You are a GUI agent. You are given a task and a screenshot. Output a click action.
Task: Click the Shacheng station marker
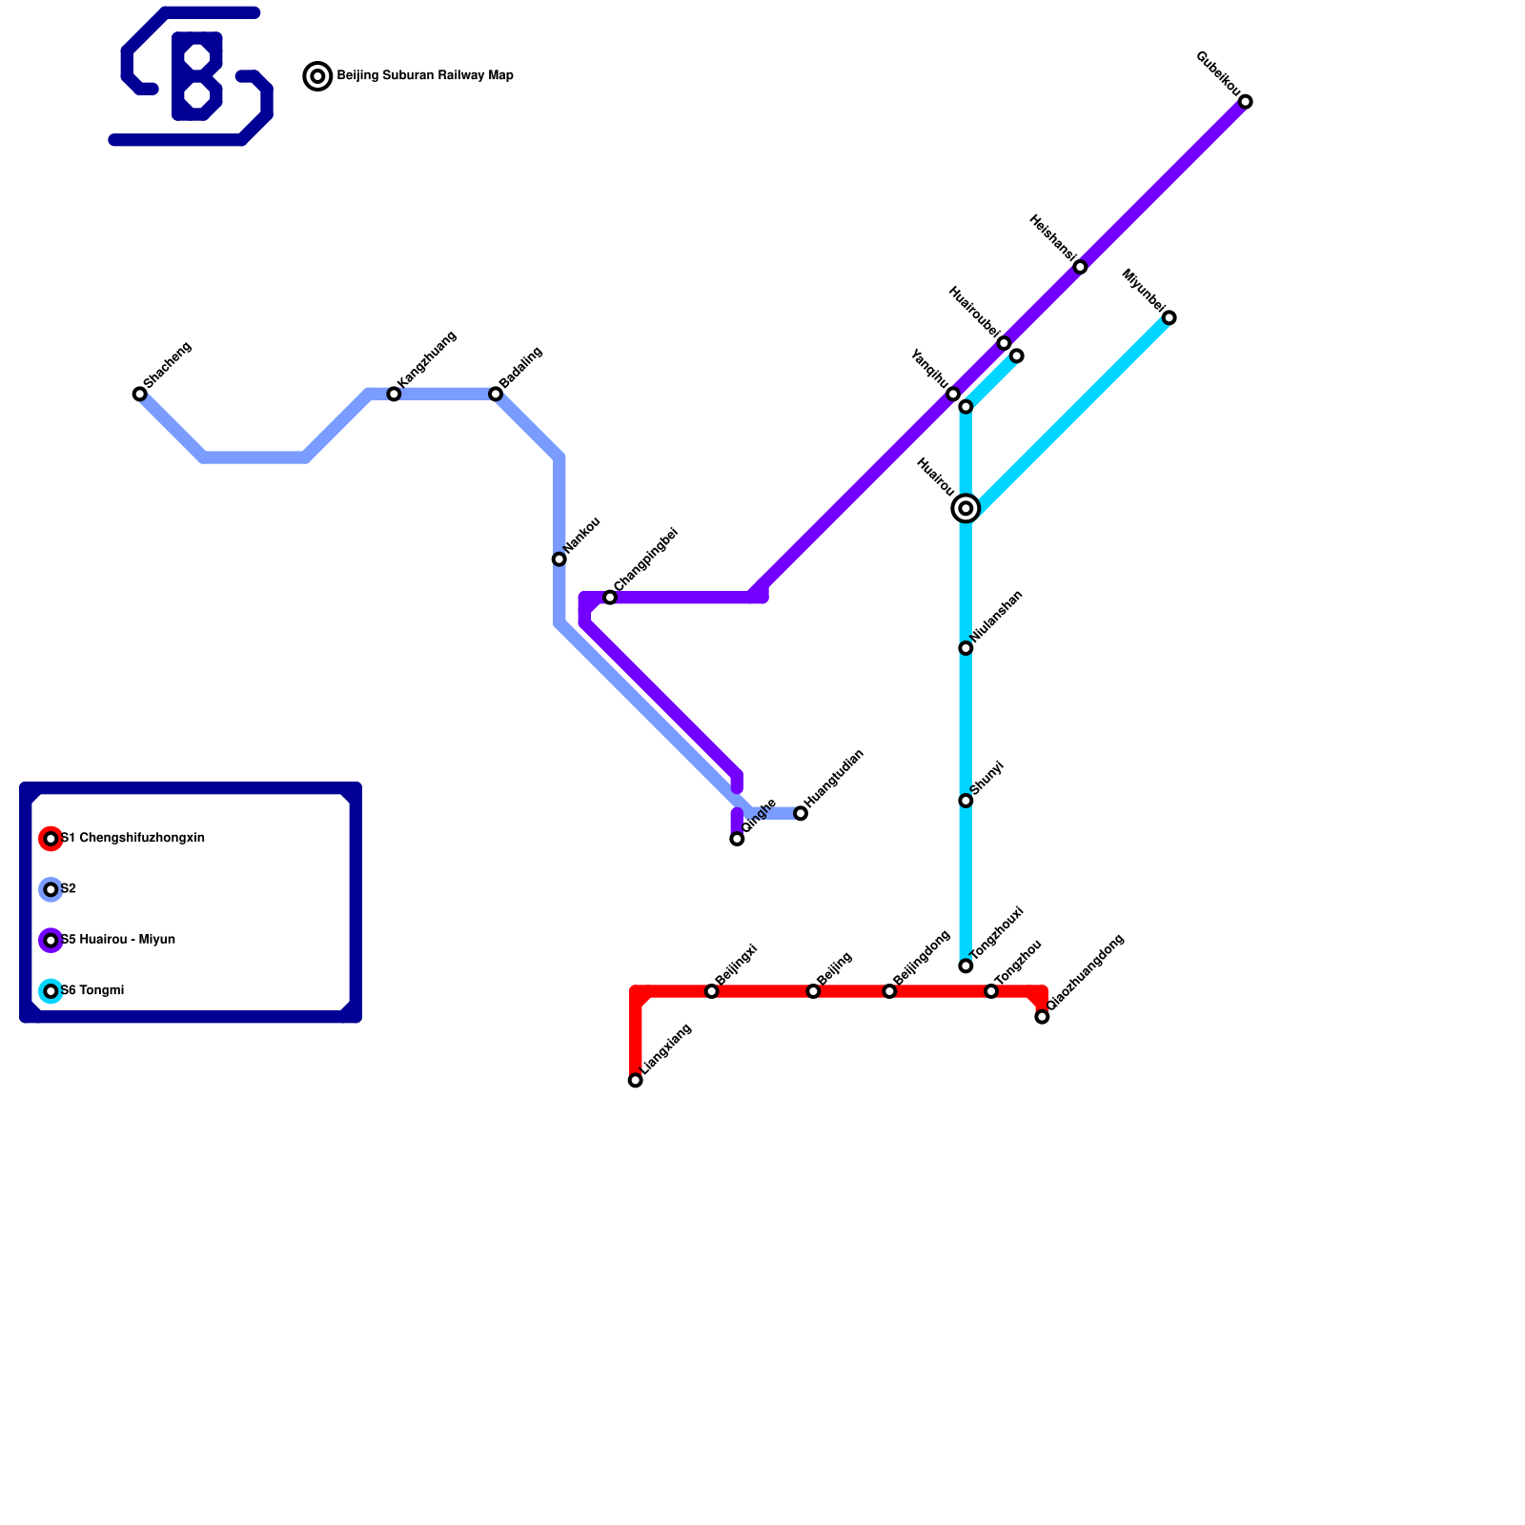(x=140, y=394)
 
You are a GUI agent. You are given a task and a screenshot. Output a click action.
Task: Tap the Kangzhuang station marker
(x=394, y=394)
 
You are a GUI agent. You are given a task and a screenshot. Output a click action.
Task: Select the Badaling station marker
(x=496, y=394)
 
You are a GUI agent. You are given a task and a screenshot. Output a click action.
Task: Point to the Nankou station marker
(x=559, y=559)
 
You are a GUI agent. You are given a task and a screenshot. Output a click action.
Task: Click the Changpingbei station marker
(x=610, y=598)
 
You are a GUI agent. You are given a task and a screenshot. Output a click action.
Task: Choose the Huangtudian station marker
(x=801, y=813)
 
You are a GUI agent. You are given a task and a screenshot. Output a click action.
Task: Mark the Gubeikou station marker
(x=1245, y=102)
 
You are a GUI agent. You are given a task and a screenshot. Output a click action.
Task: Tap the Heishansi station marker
(x=1080, y=267)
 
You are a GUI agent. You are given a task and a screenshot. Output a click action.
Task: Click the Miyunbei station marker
(x=1169, y=317)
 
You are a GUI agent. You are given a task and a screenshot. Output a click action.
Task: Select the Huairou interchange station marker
(x=966, y=508)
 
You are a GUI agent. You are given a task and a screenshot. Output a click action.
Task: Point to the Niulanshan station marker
(x=966, y=648)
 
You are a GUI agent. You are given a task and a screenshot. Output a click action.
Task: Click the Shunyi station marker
(x=966, y=801)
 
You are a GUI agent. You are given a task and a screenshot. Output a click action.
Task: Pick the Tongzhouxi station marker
(x=966, y=966)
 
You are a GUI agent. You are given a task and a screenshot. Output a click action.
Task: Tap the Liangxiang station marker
(x=636, y=1080)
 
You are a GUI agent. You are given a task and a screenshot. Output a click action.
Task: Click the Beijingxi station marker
(x=711, y=991)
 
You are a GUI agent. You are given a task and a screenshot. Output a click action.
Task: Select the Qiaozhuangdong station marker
(x=1042, y=1017)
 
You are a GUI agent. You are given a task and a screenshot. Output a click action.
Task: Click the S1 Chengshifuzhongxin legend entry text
(x=133, y=839)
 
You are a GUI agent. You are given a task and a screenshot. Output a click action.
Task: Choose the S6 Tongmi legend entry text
(x=92, y=991)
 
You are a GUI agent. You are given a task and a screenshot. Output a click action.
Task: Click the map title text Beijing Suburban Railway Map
(x=425, y=76)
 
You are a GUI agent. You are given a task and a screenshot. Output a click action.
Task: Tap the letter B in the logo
(x=196, y=76)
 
